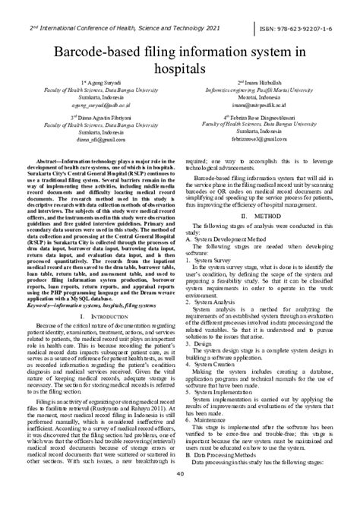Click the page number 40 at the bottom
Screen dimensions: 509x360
click(180, 496)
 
